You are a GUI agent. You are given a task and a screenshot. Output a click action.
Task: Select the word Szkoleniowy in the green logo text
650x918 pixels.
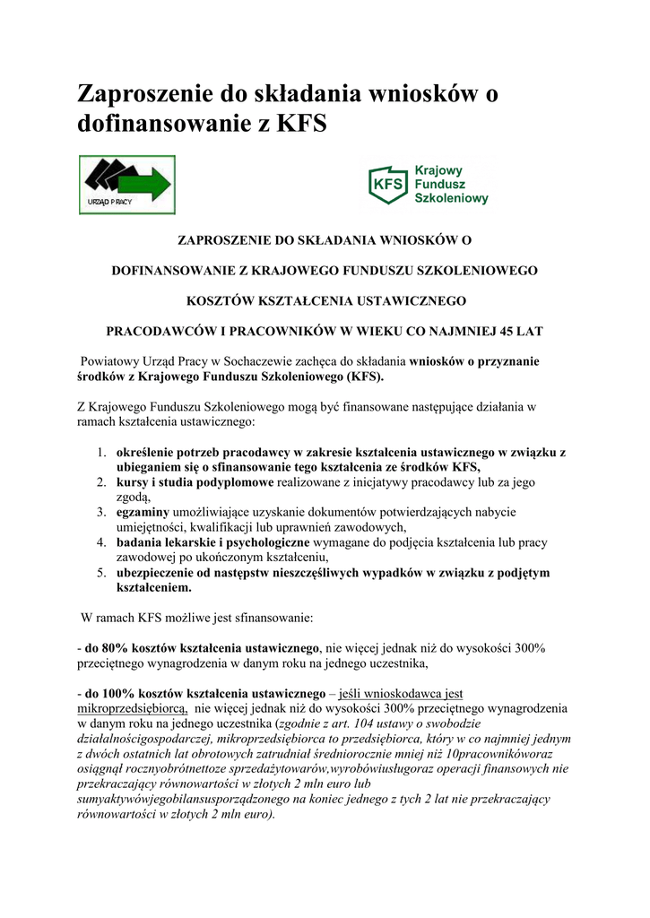pos(451,199)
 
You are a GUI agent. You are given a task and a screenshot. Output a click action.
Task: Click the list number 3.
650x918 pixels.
pos(102,511)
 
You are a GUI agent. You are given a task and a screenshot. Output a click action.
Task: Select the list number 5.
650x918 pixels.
pos(102,573)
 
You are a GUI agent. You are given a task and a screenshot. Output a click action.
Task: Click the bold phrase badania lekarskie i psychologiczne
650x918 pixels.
pos(212,542)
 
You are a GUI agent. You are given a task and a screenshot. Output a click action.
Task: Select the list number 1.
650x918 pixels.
pos(102,451)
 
